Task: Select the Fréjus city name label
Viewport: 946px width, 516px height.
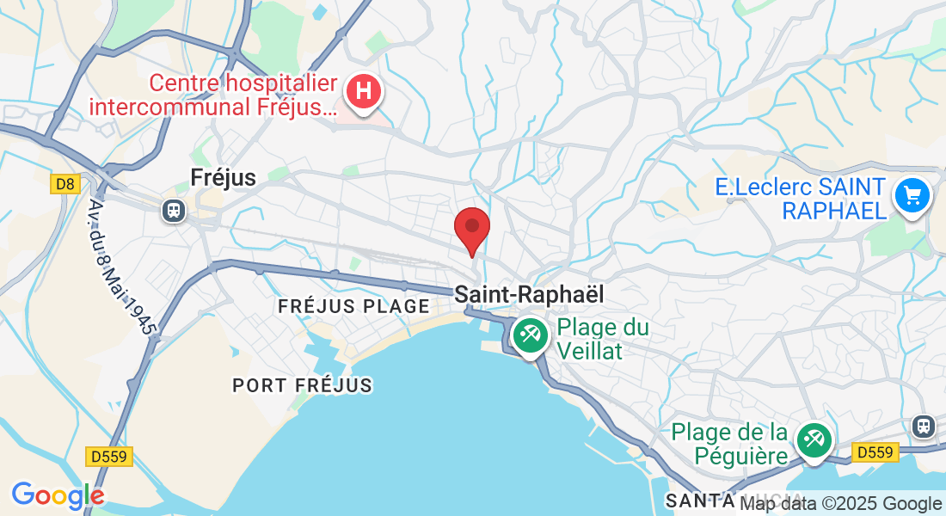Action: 223,177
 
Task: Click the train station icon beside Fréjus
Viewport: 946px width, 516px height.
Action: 174,210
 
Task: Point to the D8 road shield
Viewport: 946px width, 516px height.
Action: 64,184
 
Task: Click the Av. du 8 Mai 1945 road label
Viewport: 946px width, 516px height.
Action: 121,267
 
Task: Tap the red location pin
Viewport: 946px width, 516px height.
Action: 471,228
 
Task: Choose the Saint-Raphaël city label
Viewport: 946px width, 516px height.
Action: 529,294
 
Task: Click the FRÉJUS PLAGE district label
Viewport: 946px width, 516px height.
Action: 353,306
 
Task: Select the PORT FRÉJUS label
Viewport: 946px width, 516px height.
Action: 302,385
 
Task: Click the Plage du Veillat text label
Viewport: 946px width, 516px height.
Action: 602,339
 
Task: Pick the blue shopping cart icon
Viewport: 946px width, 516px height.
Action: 912,196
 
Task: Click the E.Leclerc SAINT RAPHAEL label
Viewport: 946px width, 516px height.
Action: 801,199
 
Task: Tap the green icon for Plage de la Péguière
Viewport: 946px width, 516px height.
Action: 813,440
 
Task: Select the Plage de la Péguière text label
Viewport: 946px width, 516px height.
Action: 729,443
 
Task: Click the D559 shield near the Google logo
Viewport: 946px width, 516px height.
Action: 110,457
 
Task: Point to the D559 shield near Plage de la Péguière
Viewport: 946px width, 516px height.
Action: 875,451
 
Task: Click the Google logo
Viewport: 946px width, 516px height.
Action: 58,495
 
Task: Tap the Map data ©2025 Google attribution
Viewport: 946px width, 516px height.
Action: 841,504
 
